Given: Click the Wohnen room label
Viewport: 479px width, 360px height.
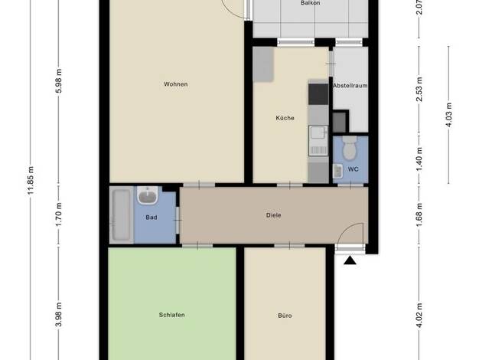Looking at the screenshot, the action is pos(176,84).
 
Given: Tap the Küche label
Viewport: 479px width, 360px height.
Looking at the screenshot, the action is pos(285,118).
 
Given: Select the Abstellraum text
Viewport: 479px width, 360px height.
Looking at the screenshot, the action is pos(350,86).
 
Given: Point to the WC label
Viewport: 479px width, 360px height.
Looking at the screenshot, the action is pos(354,169).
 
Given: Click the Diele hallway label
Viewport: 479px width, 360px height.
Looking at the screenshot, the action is pos(273,215).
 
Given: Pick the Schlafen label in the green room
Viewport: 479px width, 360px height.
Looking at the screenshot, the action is pos(171,315).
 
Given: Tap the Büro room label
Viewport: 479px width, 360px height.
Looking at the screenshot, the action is pos(285,316).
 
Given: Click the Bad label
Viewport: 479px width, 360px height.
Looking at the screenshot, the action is pos(152,218).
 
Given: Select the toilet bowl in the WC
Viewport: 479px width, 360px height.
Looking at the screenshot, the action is pos(350,148).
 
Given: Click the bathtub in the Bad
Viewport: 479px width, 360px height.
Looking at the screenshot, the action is pos(121,215).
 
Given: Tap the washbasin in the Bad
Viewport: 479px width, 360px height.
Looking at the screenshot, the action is pos(148,195).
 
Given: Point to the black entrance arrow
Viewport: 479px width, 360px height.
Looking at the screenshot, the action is pos(350,260).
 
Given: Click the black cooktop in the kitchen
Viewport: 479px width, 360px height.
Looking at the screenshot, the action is pos(318,94).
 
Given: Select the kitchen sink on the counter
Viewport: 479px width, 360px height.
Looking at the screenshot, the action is pos(318,140).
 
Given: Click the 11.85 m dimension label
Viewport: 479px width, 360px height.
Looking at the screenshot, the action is pos(31,180).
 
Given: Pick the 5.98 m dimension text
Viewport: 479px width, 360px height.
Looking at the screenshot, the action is pos(59,80).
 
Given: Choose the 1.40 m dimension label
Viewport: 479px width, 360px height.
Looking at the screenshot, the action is pos(419,159).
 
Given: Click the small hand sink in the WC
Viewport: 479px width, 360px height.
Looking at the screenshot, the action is pos(337,171).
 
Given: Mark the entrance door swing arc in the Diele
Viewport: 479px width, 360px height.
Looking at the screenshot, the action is pos(345,227).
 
